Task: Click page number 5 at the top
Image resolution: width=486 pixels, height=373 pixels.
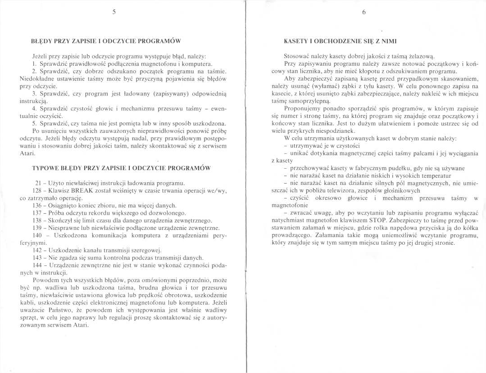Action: coord(114,13)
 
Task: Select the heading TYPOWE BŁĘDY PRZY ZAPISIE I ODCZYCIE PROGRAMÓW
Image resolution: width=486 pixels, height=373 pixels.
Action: coord(121,168)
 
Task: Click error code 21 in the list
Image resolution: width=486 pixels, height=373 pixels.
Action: coord(38,183)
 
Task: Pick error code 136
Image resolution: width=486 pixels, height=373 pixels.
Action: coord(38,205)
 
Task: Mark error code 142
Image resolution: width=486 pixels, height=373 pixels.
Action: coord(38,250)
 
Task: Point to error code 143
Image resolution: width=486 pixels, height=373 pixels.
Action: coord(38,258)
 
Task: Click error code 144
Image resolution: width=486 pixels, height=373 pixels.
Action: coord(38,265)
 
